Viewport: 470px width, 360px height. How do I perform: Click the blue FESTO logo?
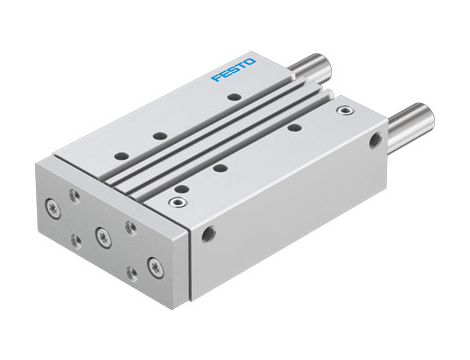tap(233, 70)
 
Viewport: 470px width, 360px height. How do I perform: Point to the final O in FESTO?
tap(250, 63)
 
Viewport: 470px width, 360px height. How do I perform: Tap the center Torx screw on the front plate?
tap(101, 236)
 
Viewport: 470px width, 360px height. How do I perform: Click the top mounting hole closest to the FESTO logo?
tap(232, 98)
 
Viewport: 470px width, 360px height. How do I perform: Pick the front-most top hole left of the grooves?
tap(120, 155)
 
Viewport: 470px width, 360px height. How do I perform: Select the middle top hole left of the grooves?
tap(159, 135)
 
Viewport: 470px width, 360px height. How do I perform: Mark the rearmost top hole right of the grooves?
tap(293, 127)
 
